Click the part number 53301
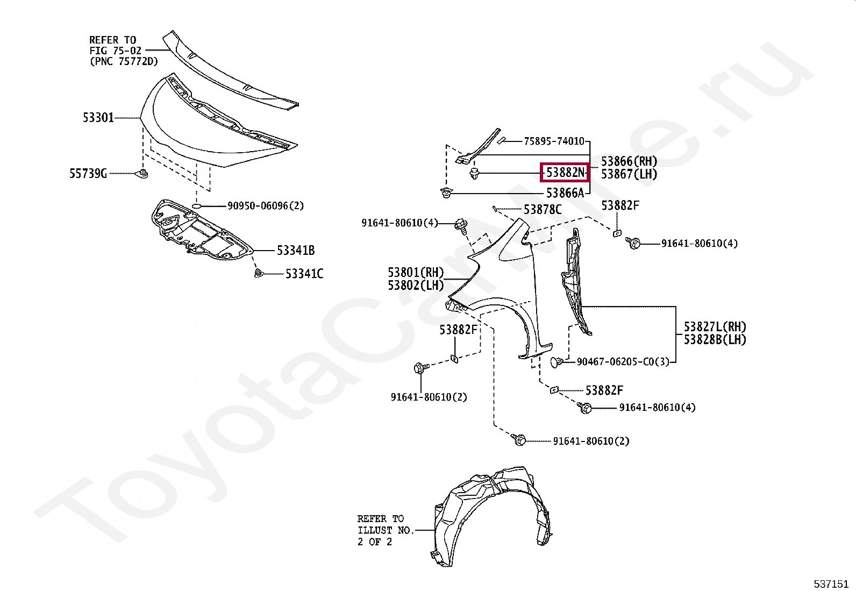coord(98,117)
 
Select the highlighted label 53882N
coord(565,173)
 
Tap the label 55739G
coord(88,174)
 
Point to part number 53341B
coord(296,250)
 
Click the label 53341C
coord(304,274)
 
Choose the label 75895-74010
coord(554,141)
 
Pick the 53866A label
coord(565,193)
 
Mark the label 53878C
coord(543,209)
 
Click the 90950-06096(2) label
coord(265,205)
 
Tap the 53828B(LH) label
coord(715,339)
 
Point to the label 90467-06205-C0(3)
coord(623,362)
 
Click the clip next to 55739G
coord(142,173)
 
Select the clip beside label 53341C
coord(259,274)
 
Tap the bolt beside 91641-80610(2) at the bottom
coord(519,440)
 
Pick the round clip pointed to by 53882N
coord(474,174)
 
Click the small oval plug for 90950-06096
coord(197,206)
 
